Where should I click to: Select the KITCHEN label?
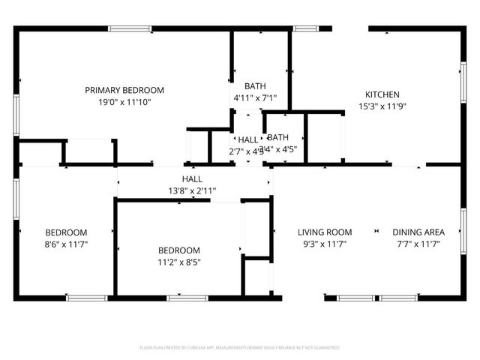(382, 94)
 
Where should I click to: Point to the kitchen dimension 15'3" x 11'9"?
(382, 106)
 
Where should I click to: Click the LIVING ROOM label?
(324, 232)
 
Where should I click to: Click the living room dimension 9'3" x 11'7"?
(324, 244)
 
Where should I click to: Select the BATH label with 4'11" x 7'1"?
(255, 86)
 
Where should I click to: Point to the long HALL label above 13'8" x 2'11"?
(191, 179)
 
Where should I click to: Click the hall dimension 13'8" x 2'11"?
(191, 191)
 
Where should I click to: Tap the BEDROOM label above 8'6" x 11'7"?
(65, 232)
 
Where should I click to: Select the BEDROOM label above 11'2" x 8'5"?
(178, 250)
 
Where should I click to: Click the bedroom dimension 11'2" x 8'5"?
(178, 262)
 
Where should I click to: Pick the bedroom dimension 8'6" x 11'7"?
(65, 244)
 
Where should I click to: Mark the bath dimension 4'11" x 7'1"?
(255, 97)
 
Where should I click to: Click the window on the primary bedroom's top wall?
(130, 29)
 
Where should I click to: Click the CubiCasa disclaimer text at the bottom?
(240, 348)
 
